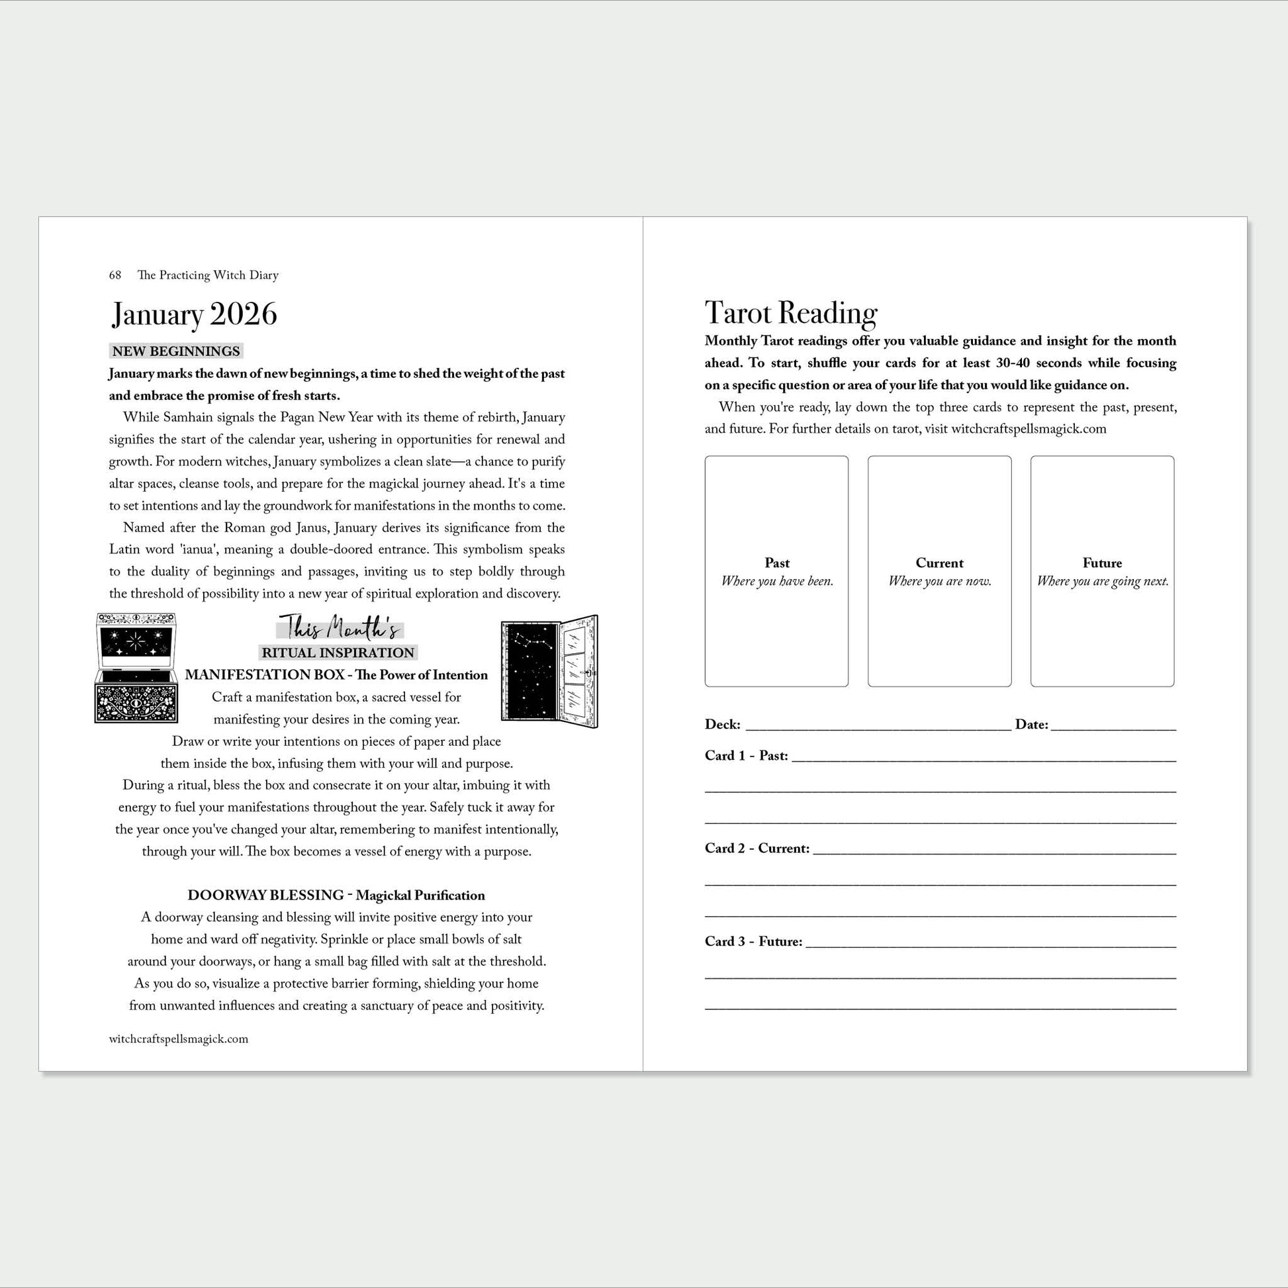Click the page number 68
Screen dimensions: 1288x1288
pos(115,275)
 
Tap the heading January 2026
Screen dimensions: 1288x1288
pos(194,314)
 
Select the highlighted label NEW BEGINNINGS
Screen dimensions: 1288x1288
pos(176,351)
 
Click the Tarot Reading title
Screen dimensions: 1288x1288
pos(791,313)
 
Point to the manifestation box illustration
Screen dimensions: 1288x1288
pos(136,668)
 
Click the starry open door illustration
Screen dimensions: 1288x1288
pos(549,670)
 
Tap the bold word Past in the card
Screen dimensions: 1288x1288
pos(776,563)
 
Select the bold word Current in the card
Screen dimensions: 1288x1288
pos(939,563)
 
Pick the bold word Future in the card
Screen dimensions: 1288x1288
pos(1102,563)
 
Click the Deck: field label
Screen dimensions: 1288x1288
pos(722,725)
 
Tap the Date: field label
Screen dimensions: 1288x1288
pos(1031,725)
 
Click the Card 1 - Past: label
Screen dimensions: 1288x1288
pos(746,756)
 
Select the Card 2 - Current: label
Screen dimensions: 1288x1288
pos(757,849)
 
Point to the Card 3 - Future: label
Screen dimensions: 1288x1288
pos(753,941)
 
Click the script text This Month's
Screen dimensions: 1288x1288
pos(340,628)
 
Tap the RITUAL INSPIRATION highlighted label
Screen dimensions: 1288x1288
pos(338,653)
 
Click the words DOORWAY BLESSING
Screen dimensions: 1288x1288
pos(265,896)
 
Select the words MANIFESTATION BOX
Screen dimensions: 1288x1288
pos(265,674)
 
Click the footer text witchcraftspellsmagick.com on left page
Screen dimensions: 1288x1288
pos(179,1038)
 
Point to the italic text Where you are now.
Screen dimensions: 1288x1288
pos(939,581)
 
